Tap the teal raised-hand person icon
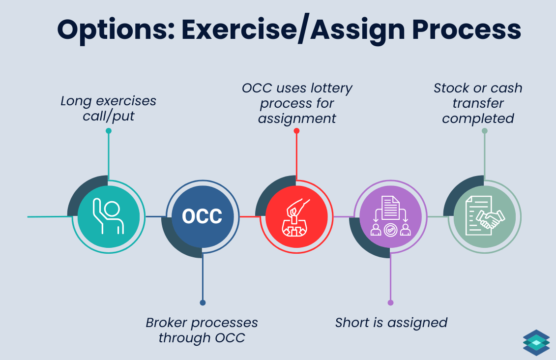tap(109, 216)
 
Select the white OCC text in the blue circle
tap(202, 216)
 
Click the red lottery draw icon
tap(296, 216)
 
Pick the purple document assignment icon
tap(390, 216)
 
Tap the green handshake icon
tap(484, 216)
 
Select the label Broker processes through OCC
tap(202, 330)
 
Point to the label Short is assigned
tap(391, 323)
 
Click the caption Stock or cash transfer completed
tap(478, 103)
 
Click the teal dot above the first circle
tap(109, 131)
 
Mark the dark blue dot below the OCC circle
tap(203, 302)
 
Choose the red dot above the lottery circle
tap(296, 131)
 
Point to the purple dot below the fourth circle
tap(390, 302)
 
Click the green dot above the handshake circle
tap(484, 131)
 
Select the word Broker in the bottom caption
tap(167, 323)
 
